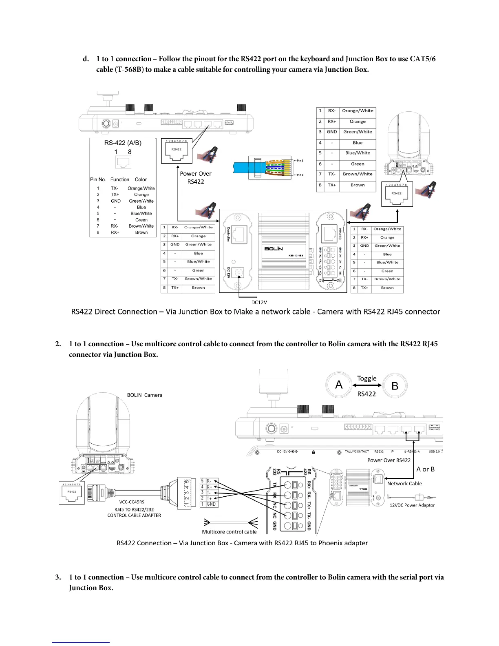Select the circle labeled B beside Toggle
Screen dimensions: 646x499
click(395, 385)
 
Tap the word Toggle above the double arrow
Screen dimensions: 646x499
click(367, 378)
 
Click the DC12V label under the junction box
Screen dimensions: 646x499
click(259, 302)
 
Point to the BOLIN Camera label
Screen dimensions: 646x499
click(144, 395)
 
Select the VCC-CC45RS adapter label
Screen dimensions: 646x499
click(132, 502)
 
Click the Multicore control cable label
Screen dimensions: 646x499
click(229, 531)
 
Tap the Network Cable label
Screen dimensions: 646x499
click(404, 483)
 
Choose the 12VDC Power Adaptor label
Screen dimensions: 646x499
click(412, 505)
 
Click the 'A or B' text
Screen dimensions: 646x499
click(425, 469)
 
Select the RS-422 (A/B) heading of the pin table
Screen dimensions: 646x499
click(123, 143)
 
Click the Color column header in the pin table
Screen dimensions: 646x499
click(141, 179)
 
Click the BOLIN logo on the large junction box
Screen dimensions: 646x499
click(274, 248)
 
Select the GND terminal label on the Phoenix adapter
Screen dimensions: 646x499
click(211, 504)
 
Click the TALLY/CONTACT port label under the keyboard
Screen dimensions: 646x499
click(357, 451)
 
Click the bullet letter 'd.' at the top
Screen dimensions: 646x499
click(86, 59)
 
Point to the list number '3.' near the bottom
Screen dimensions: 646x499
click(58, 577)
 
